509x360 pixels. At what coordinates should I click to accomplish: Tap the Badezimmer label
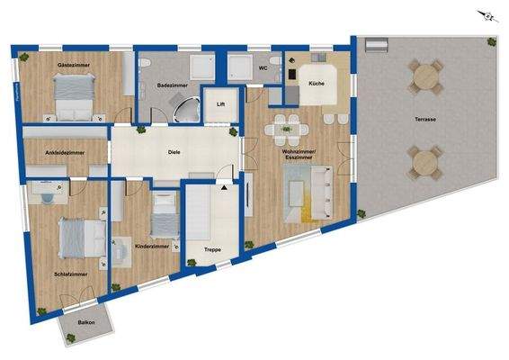171,85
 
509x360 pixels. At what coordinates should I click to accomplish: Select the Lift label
219,104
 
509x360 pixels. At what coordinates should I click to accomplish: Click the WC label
263,67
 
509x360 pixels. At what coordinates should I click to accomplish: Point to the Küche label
317,84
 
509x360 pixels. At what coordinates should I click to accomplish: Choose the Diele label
175,152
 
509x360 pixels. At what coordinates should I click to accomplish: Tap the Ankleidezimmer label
65,153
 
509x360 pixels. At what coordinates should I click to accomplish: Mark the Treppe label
212,249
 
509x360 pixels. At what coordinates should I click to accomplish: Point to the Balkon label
86,322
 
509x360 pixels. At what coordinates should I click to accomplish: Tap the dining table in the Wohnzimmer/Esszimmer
286,129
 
